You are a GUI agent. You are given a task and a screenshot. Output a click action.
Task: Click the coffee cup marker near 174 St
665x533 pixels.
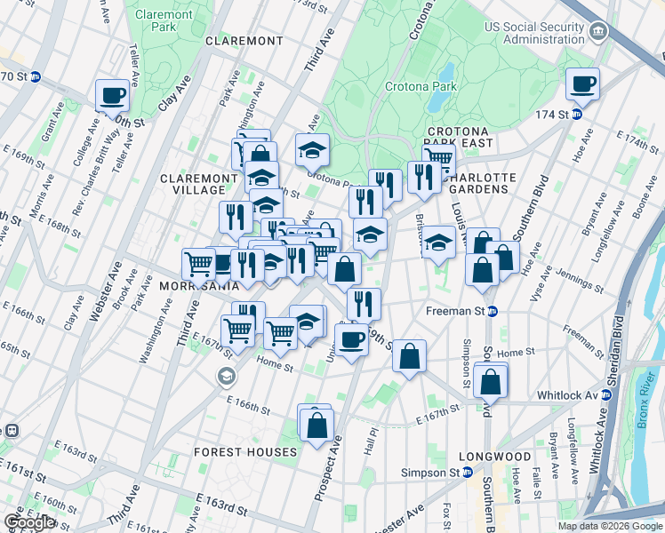tap(583, 84)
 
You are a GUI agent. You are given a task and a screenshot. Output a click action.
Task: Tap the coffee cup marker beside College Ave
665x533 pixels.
tap(113, 96)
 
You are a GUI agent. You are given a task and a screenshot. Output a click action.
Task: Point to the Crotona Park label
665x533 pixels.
tap(421, 86)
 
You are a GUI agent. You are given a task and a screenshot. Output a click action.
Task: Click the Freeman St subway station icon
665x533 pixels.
tap(493, 311)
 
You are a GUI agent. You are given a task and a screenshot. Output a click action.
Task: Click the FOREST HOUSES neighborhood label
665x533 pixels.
tap(245, 452)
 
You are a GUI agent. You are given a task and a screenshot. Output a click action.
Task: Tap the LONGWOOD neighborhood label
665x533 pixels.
tap(501, 457)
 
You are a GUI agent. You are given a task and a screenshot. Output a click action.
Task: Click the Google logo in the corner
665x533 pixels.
tap(29, 522)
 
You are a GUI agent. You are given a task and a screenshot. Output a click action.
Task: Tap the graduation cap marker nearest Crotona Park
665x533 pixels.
tap(312, 150)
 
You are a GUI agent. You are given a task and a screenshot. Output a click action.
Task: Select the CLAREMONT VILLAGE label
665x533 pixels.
tap(192, 184)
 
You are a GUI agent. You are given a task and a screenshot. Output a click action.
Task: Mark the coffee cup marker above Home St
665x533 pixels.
tap(351, 339)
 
